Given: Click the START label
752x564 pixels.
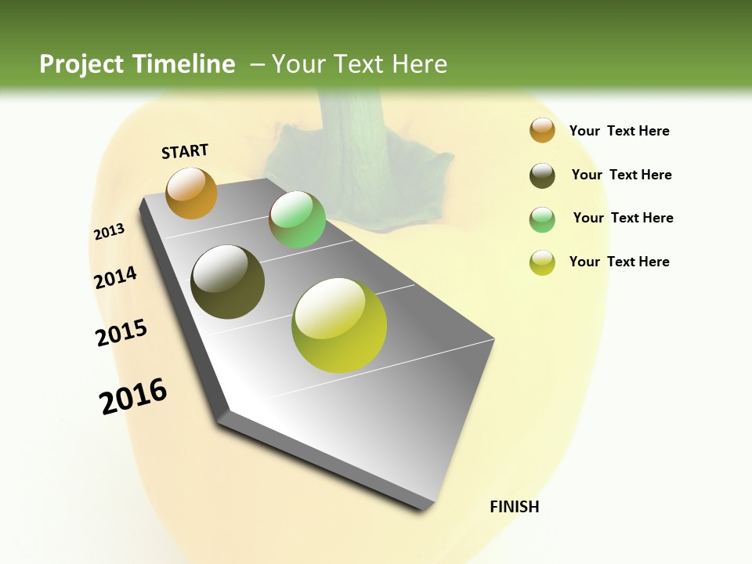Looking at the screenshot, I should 185,151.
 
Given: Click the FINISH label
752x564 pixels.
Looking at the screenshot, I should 514,507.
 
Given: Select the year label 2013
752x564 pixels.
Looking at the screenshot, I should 109,232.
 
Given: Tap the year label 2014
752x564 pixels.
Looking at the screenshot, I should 115,277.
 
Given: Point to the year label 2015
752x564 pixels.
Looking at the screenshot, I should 121,333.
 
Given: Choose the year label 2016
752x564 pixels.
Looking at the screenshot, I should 133,396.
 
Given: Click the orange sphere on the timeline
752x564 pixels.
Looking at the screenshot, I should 191,193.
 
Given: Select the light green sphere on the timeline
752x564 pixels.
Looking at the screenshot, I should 297,219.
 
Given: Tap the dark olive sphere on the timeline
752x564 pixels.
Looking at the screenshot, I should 227,282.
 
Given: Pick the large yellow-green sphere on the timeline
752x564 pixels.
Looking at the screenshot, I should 339,324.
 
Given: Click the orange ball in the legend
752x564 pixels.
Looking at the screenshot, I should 542,130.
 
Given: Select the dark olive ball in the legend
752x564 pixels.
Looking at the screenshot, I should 542,175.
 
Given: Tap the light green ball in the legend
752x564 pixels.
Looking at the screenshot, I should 542,219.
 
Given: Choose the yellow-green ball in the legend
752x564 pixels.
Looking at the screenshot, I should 542,262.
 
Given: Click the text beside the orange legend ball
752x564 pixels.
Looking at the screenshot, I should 619,131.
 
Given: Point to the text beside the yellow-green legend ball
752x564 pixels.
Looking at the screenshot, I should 619,262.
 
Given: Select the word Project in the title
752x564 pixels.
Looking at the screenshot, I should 81,64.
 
